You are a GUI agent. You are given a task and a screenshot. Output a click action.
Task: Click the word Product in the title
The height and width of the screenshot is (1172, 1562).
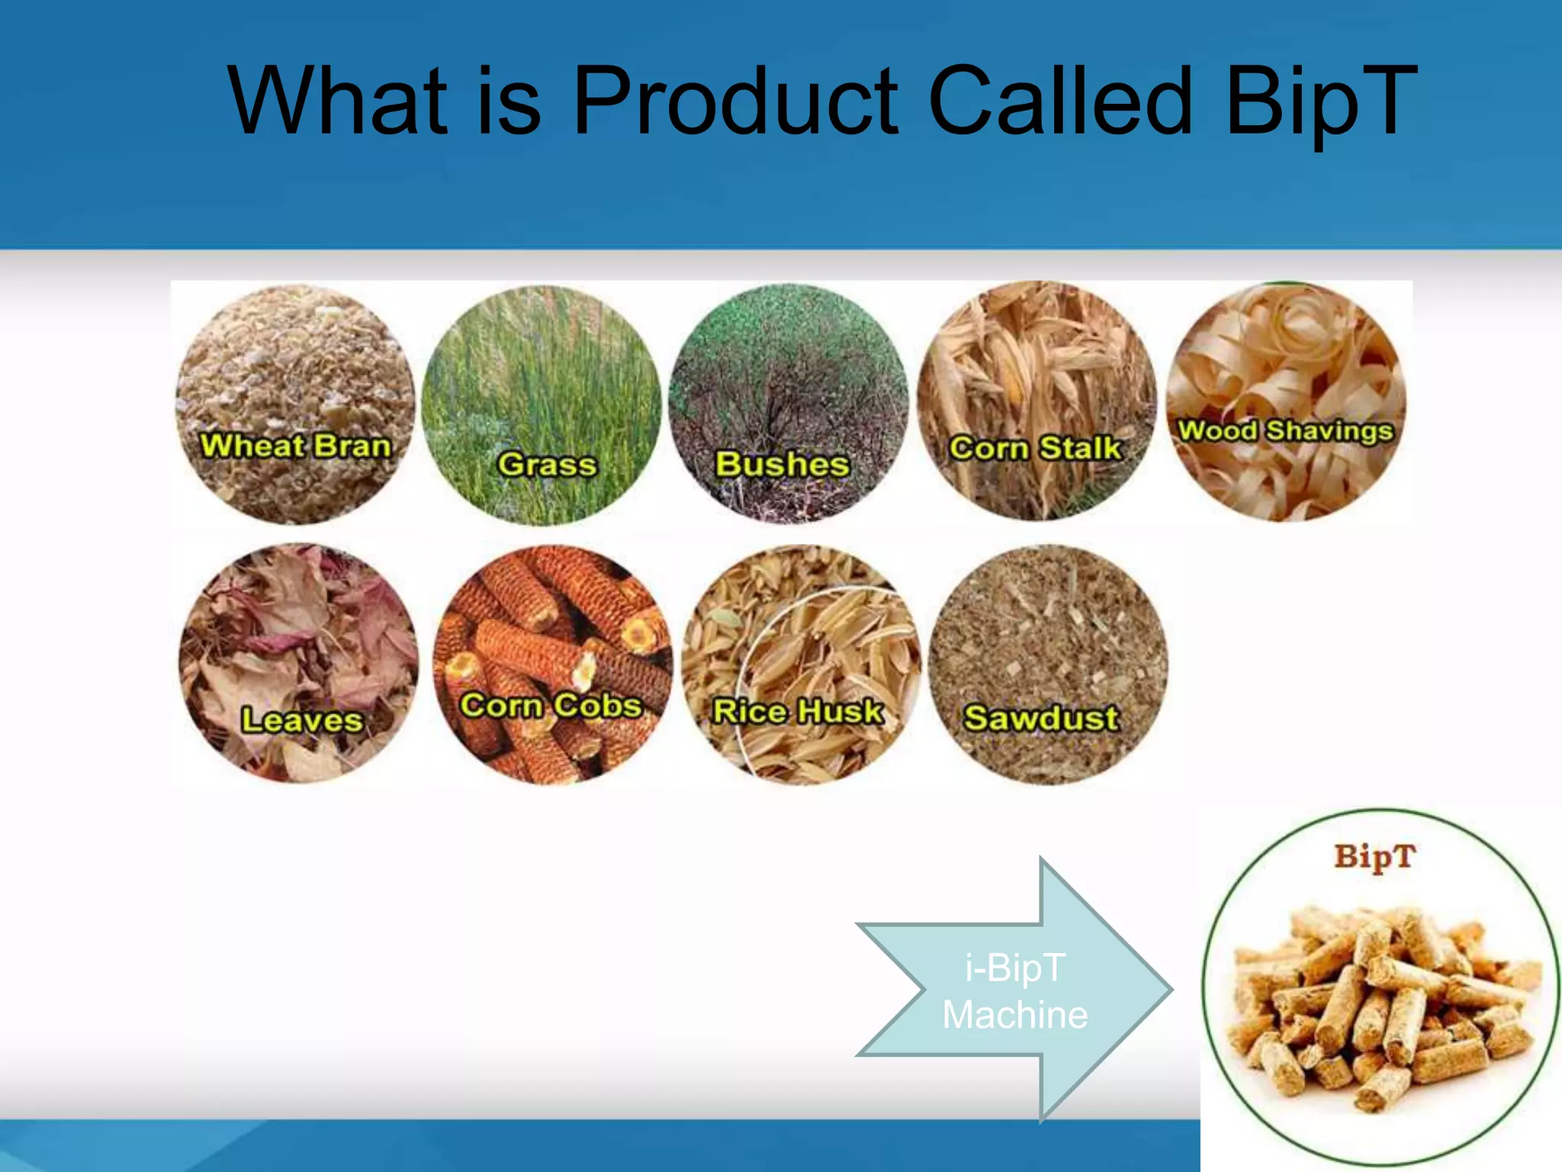point(735,101)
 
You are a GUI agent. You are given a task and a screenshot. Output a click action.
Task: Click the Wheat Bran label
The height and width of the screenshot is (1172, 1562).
point(295,446)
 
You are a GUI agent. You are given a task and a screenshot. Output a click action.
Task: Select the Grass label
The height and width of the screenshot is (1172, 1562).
point(546,464)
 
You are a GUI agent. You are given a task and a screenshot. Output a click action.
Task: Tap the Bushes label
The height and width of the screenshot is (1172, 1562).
point(782,464)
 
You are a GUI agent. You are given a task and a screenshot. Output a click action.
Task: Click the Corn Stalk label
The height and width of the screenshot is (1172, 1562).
point(1035,448)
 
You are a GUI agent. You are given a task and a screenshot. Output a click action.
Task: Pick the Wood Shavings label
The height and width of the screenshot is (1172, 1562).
point(1286,431)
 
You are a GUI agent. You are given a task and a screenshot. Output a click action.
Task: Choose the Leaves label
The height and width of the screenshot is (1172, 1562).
point(301,720)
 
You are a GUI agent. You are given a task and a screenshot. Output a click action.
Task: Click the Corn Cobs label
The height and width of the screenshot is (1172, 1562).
point(551,705)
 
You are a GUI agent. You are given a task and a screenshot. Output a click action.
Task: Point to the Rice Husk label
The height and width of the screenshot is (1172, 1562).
point(798,711)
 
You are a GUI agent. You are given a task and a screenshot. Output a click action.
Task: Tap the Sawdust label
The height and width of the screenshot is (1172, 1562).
point(1041,718)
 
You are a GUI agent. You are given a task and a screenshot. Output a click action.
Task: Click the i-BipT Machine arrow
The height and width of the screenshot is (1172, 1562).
point(1014,989)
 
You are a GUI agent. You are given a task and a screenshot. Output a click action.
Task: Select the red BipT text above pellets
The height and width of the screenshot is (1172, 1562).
point(1374,857)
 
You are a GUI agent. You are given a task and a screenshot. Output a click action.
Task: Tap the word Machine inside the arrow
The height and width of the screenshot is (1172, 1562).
point(1015,1016)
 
